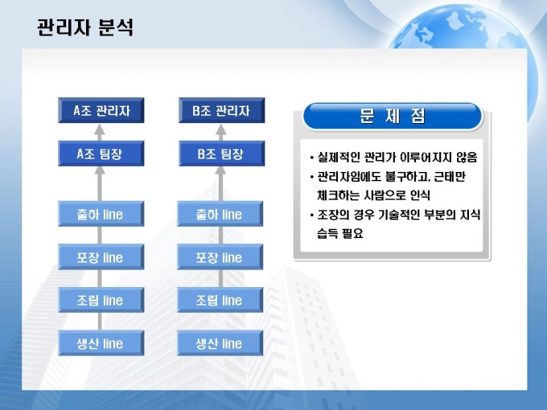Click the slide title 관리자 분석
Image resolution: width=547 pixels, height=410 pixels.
85,27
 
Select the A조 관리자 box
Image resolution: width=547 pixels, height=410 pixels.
101,110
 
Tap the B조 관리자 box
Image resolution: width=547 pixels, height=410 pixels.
221,110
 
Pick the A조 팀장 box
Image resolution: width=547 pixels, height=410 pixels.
101,154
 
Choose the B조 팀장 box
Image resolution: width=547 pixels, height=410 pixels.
221,154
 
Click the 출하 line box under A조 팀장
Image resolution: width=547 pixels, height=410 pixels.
101,214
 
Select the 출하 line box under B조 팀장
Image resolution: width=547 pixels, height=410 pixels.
220,214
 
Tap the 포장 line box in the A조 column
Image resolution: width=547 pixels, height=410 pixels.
101,257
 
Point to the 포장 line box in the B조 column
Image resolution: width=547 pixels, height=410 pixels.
220,257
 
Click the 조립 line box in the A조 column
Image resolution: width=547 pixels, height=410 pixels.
101,300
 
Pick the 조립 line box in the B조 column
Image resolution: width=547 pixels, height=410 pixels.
220,300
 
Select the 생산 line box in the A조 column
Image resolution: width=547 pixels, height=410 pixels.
101,343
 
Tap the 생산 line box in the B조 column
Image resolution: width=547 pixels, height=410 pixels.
220,343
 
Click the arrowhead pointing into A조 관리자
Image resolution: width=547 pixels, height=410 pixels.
100,129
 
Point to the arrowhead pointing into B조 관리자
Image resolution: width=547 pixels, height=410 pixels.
221,129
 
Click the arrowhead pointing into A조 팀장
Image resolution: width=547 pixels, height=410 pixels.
100,170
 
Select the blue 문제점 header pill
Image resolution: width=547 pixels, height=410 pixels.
393,116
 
